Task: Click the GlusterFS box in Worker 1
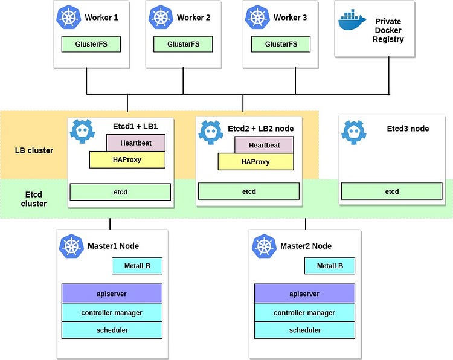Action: pos(91,44)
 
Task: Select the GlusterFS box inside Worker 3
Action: pos(281,44)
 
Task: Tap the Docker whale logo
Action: pos(352,20)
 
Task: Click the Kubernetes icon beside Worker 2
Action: pos(161,18)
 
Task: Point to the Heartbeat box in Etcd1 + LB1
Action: pos(136,143)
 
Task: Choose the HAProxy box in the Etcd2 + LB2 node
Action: pos(255,162)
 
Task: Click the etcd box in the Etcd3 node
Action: pos(392,191)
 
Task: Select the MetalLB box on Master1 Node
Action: pos(137,266)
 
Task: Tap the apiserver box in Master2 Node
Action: pos(304,294)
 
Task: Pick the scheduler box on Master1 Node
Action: pos(112,330)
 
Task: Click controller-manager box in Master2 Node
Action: pos(304,313)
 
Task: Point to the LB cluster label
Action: pos(34,150)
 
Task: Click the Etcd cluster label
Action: pos(34,199)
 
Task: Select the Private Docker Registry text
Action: pos(388,30)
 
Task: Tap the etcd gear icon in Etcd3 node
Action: pos(353,132)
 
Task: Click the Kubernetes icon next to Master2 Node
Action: pos(264,246)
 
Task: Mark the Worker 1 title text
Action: pos(101,18)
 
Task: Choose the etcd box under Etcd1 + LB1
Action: pos(120,192)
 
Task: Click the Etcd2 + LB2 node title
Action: pos(260,129)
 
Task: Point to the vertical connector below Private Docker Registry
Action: pos(389,76)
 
